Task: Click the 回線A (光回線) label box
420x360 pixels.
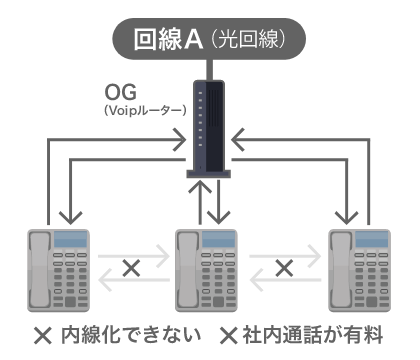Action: (210, 40)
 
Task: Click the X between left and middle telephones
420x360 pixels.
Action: (131, 267)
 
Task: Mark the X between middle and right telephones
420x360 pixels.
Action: (284, 267)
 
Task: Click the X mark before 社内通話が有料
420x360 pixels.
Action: (227, 333)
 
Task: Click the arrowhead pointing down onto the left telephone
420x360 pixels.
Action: (68, 215)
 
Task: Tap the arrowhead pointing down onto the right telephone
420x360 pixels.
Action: (350, 215)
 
